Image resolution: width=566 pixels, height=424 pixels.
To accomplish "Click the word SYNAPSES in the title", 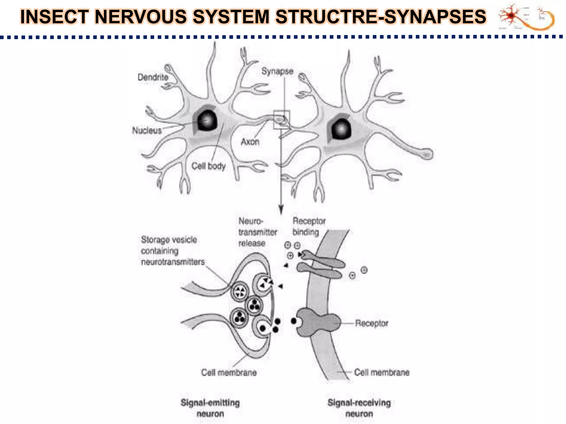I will (435, 17).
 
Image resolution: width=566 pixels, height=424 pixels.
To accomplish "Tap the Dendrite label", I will (153, 77).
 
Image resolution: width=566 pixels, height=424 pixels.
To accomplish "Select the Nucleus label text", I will (147, 130).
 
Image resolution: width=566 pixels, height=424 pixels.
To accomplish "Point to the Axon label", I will (250, 142).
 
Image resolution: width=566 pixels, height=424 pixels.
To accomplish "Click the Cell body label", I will (208, 166).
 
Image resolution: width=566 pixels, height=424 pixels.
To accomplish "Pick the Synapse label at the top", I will (277, 71).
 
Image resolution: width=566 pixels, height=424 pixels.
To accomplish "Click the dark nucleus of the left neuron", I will (207, 120).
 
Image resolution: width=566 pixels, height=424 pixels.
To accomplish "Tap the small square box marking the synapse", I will (281, 119).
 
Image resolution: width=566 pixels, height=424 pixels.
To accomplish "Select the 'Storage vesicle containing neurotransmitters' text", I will (173, 251).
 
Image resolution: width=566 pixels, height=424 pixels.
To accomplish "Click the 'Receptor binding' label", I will (309, 226).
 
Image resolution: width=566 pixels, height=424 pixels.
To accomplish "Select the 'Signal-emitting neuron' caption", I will (210, 408).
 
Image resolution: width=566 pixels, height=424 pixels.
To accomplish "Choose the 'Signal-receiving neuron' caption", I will (359, 408).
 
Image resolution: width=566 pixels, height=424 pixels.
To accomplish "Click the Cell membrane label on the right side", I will (381, 372).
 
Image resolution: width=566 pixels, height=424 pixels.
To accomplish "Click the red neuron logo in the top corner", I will (511, 16).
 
